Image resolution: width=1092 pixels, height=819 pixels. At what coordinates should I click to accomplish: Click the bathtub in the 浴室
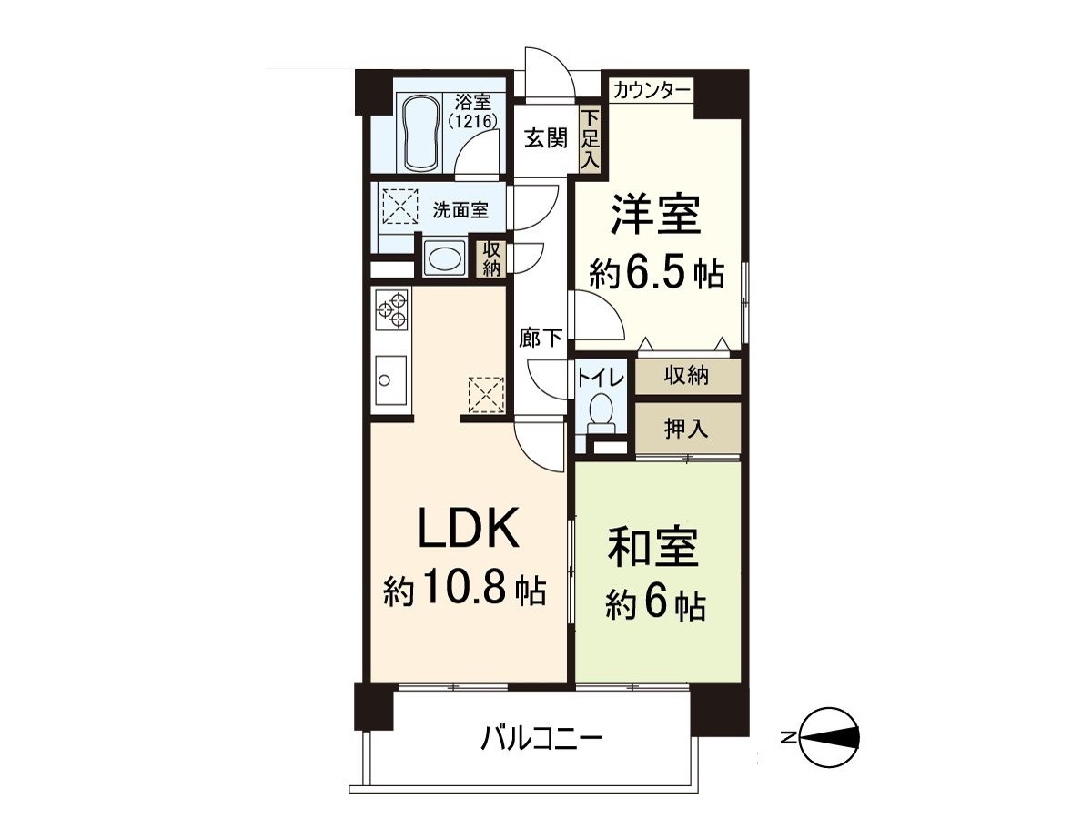click(422, 133)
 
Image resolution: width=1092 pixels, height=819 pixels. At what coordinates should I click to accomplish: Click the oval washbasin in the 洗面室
click(443, 258)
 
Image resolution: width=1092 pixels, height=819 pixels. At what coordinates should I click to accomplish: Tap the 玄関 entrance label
click(545, 138)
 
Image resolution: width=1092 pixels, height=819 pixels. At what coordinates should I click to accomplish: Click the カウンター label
click(651, 90)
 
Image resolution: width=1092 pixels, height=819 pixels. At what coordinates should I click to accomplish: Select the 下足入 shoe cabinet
click(591, 139)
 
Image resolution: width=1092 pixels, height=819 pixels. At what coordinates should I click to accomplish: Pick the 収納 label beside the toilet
click(686, 375)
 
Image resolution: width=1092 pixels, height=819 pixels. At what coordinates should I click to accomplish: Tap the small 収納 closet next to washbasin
click(491, 258)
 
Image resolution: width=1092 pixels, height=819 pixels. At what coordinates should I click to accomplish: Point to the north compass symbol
click(828, 737)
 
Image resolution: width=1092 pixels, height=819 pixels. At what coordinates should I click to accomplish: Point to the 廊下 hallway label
click(541, 339)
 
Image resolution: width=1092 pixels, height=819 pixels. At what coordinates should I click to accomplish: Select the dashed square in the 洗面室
click(399, 207)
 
